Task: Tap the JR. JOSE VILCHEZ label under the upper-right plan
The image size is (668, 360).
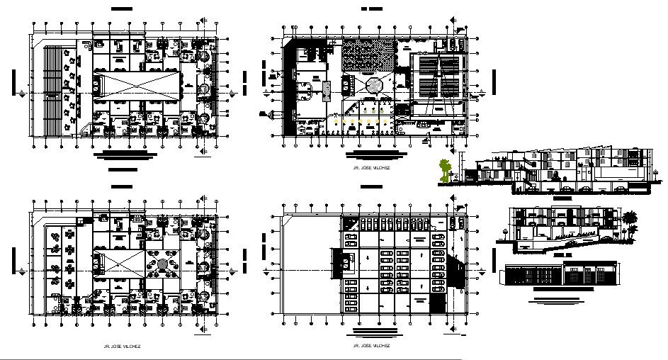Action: (x=370, y=169)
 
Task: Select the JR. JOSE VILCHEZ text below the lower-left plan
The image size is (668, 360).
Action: (x=122, y=346)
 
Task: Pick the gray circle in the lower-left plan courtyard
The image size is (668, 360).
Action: (x=163, y=264)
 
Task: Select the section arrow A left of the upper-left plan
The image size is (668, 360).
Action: (x=26, y=93)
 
